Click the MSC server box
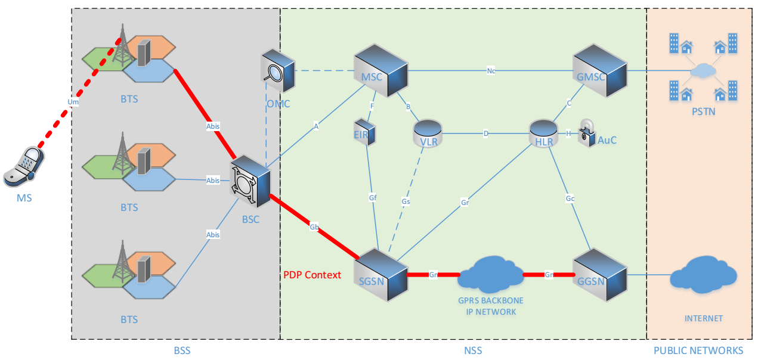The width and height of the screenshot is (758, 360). tap(380, 70)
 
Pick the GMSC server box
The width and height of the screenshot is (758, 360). tap(600, 72)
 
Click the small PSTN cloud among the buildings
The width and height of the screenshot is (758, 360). tap(703, 71)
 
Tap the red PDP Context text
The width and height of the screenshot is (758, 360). tap(312, 275)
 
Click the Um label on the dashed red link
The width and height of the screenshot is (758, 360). tap(73, 103)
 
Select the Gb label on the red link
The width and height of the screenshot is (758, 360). tap(314, 227)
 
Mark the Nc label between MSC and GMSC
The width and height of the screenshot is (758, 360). tap(491, 71)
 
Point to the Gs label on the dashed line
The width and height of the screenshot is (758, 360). tap(406, 201)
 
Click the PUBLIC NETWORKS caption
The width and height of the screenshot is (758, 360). tap(698, 350)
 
